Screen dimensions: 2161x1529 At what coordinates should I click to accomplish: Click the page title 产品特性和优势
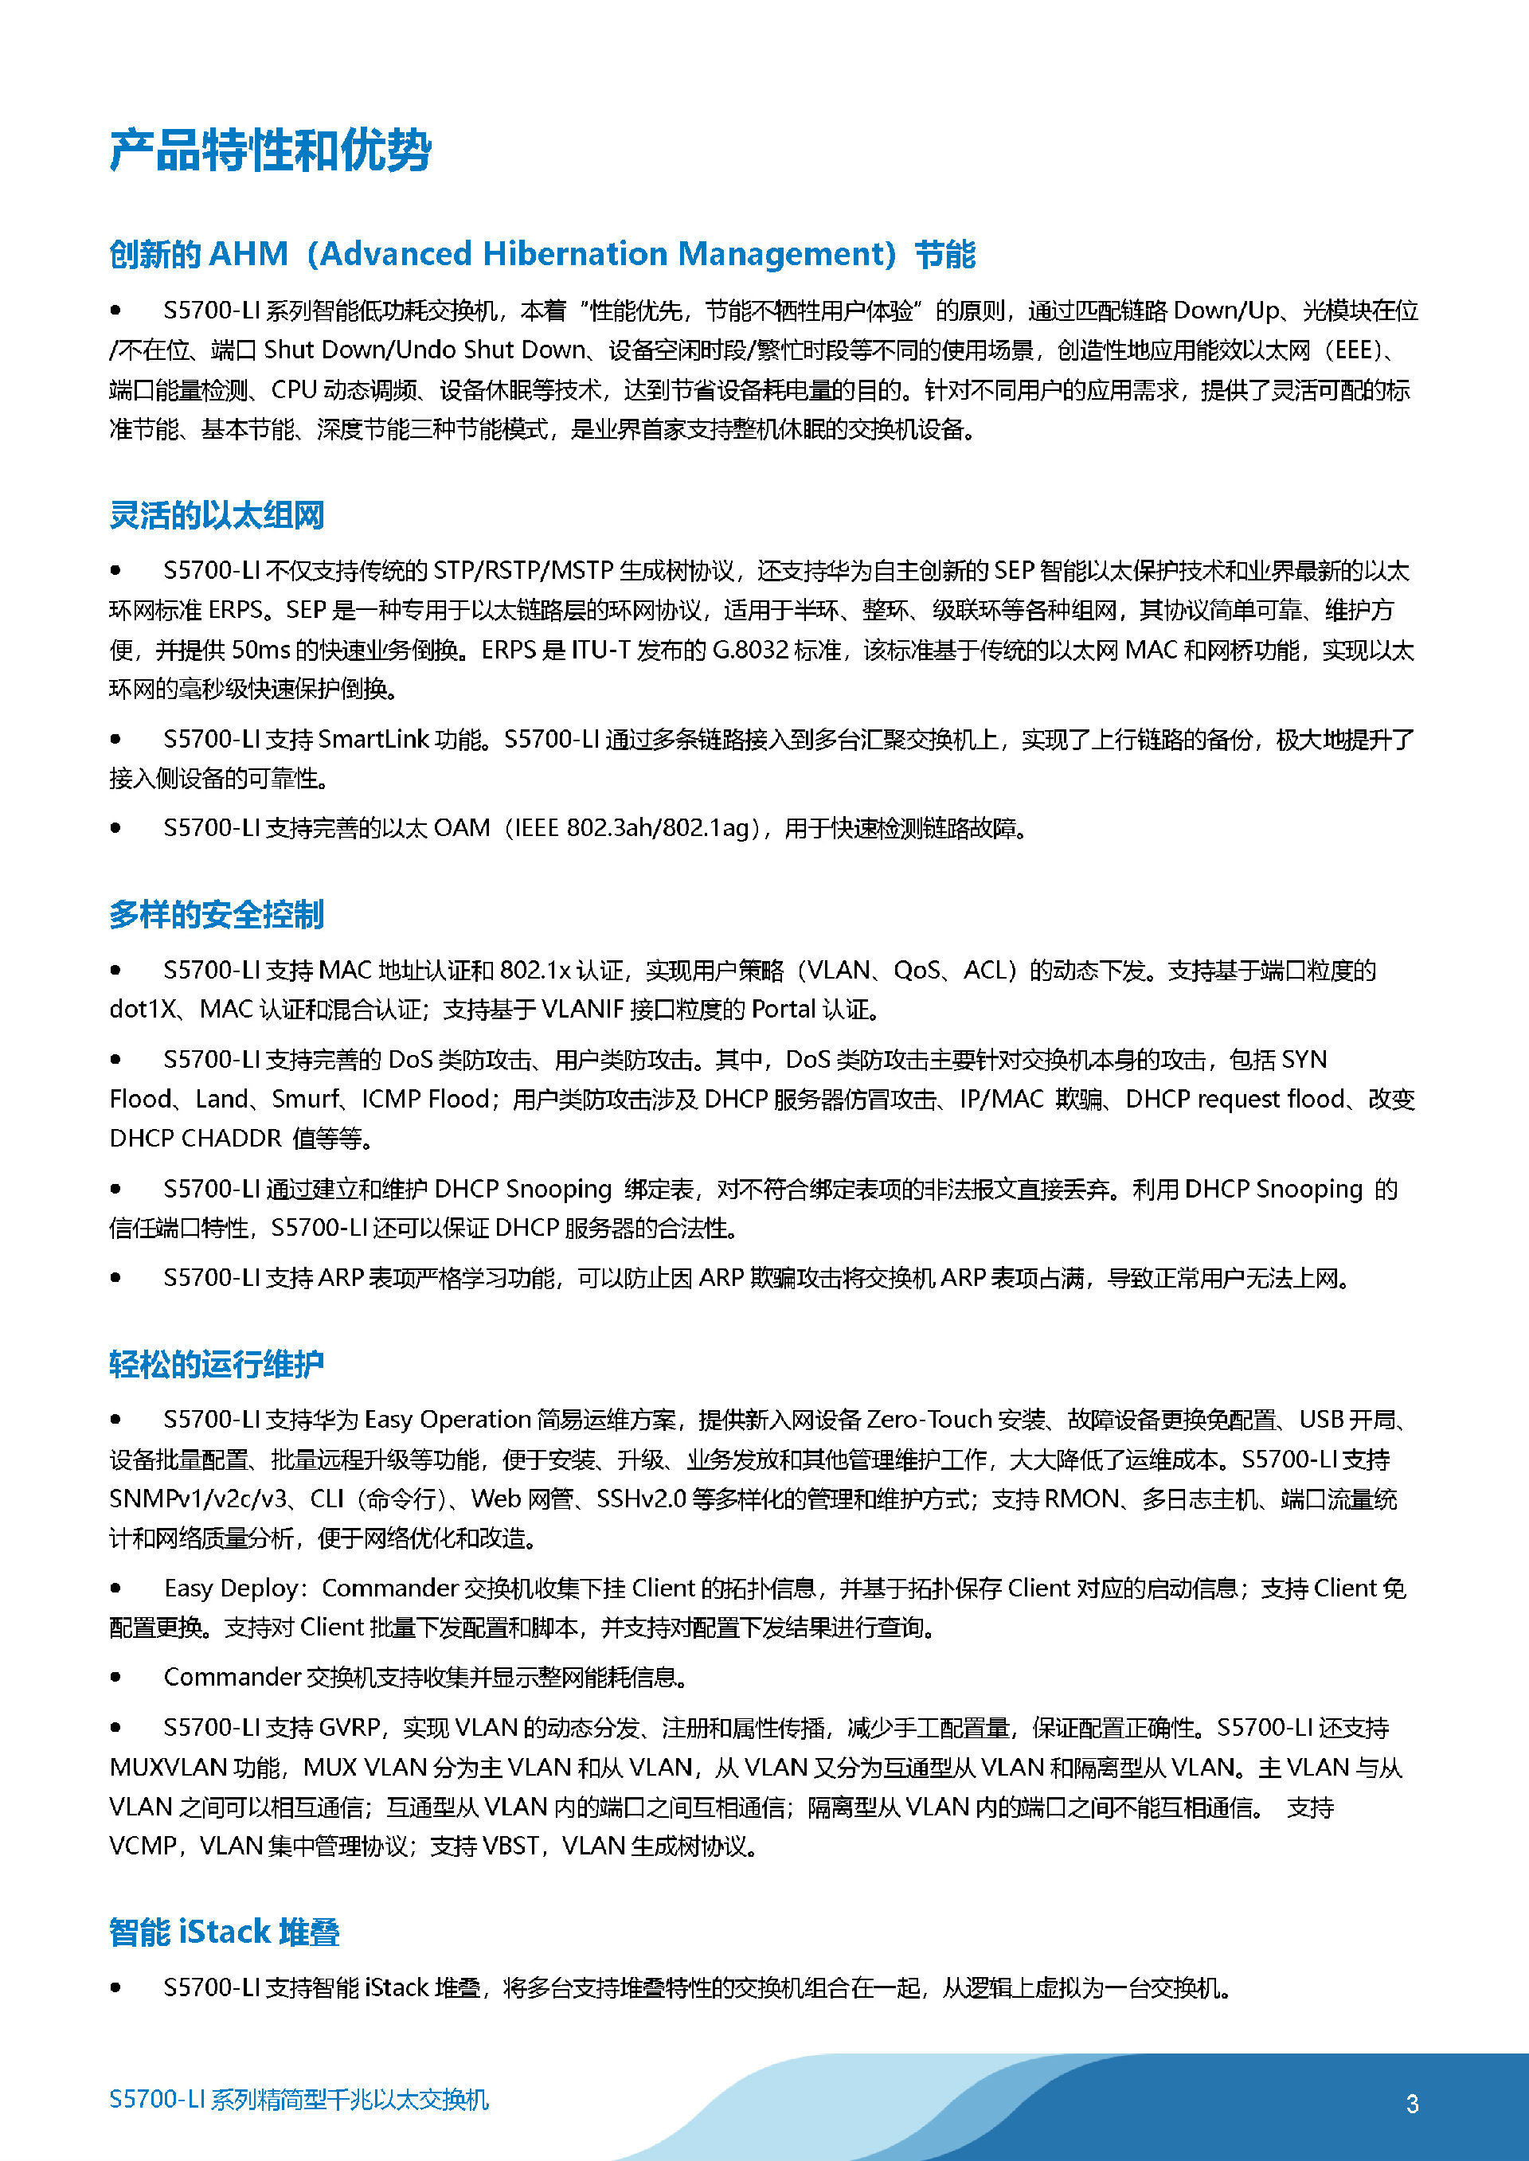coord(270,150)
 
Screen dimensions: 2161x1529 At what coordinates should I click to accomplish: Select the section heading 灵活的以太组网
coord(217,516)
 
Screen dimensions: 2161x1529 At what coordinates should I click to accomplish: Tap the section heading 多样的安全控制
coord(217,915)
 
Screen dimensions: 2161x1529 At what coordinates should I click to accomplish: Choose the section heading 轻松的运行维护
coord(217,1364)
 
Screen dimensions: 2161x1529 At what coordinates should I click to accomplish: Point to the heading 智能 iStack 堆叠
coord(224,1932)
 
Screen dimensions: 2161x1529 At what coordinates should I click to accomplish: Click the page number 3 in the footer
coord(1411,2104)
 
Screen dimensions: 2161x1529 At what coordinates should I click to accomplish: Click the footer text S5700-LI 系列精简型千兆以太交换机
coord(299,2100)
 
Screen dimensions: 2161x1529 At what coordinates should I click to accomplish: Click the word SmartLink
coord(373,740)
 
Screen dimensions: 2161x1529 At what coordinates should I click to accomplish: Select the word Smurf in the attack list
coord(306,1100)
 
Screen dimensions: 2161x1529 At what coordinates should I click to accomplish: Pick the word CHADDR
coord(232,1139)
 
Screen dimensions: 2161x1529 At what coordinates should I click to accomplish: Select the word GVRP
coord(350,1728)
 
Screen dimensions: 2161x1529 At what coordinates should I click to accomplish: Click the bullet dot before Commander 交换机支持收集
coord(115,1677)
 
